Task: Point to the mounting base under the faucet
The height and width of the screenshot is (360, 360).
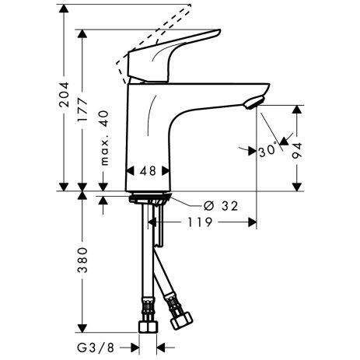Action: tap(149, 195)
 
